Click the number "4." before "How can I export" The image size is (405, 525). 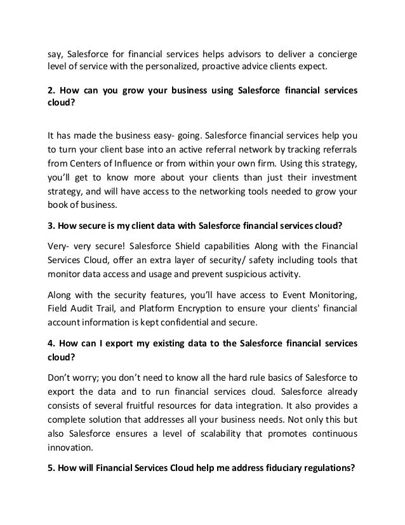click(53, 344)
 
